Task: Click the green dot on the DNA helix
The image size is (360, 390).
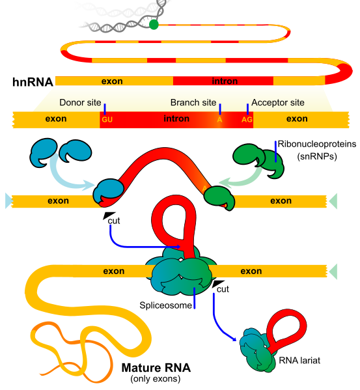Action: click(x=154, y=25)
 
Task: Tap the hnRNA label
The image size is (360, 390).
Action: click(x=33, y=82)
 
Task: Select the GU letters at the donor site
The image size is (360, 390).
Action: click(x=107, y=120)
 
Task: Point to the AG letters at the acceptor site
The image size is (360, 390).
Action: click(x=247, y=120)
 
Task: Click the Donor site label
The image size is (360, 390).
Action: click(x=80, y=102)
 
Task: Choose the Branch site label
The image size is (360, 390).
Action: click(x=193, y=102)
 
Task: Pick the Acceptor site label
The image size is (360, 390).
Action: click(x=278, y=102)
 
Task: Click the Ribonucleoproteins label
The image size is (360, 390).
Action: click(x=317, y=144)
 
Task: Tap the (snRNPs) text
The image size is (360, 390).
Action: click(x=317, y=156)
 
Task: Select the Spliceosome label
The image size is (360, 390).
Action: click(x=165, y=305)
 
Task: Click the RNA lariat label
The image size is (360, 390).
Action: click(x=299, y=361)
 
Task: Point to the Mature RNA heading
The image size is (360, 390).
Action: click(x=156, y=368)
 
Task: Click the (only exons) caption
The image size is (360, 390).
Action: click(x=156, y=378)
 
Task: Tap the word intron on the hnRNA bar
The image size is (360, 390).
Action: click(x=225, y=81)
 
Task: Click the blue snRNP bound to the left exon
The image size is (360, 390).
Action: click(x=108, y=191)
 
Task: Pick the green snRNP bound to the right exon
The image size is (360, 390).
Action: click(x=219, y=198)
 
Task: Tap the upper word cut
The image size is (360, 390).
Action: click(x=114, y=221)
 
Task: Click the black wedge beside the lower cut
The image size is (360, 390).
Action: click(x=217, y=283)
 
